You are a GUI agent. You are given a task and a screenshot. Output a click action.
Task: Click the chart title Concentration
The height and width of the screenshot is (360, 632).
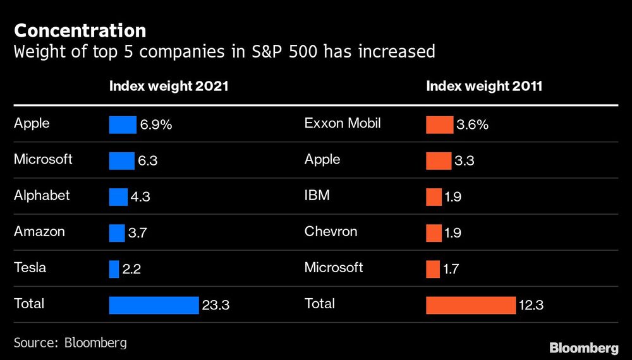click(x=80, y=30)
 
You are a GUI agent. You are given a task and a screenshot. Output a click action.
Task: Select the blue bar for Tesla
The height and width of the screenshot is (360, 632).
click(x=114, y=269)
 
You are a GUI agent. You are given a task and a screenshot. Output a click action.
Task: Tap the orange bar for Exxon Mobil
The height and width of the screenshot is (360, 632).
click(x=439, y=125)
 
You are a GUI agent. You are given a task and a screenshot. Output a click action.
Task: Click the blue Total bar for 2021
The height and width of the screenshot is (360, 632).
click(x=154, y=305)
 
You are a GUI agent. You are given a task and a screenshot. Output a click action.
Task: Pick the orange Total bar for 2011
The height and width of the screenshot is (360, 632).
click(x=471, y=305)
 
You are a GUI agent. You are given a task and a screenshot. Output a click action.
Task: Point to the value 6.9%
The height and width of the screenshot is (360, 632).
click(x=155, y=125)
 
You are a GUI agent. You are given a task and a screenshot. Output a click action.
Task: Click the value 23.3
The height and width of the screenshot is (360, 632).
click(x=216, y=306)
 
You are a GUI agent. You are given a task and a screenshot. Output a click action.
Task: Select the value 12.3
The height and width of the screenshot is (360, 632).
click(x=530, y=306)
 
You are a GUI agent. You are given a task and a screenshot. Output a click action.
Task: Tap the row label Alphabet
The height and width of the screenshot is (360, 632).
click(x=42, y=195)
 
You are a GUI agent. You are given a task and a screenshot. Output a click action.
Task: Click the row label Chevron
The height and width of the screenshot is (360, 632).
click(x=331, y=231)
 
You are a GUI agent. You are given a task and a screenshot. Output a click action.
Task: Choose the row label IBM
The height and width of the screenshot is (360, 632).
click(x=317, y=195)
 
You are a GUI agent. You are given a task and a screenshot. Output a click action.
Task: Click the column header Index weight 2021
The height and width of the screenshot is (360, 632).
click(x=169, y=86)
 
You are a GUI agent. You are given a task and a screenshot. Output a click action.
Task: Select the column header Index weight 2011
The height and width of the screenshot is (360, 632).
click(x=484, y=86)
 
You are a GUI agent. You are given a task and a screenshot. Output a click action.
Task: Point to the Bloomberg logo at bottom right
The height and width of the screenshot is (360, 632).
click(x=583, y=347)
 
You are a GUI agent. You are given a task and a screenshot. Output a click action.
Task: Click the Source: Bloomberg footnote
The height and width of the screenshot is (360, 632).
click(x=70, y=342)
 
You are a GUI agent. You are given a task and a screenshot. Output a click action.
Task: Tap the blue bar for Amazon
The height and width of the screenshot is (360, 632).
click(x=117, y=233)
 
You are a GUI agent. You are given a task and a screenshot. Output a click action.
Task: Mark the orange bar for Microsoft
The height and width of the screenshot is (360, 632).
click(x=433, y=269)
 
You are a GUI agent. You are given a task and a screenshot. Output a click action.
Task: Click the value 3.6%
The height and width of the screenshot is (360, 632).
click(x=472, y=125)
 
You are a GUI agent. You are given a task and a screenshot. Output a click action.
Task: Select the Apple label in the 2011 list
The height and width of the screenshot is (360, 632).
click(x=322, y=159)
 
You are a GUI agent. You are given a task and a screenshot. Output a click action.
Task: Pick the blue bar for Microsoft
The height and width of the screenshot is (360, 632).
click(x=121, y=161)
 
